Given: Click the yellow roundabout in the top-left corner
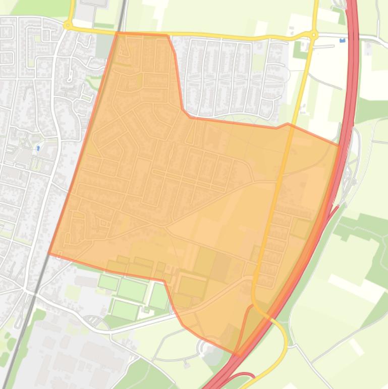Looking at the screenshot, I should click(x=67, y=25).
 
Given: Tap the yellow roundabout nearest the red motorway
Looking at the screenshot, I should click(x=314, y=35).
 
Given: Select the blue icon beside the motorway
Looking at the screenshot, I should click(x=343, y=40).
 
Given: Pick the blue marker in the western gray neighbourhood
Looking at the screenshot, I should click(x=38, y=149).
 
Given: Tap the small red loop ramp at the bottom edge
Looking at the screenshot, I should click(x=242, y=376).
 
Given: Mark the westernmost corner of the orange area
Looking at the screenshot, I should click(x=49, y=253).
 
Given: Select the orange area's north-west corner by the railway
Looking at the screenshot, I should click(x=118, y=33).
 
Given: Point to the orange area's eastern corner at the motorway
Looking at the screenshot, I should click(x=339, y=145).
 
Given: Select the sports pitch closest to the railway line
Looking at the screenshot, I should click(x=108, y=282).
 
